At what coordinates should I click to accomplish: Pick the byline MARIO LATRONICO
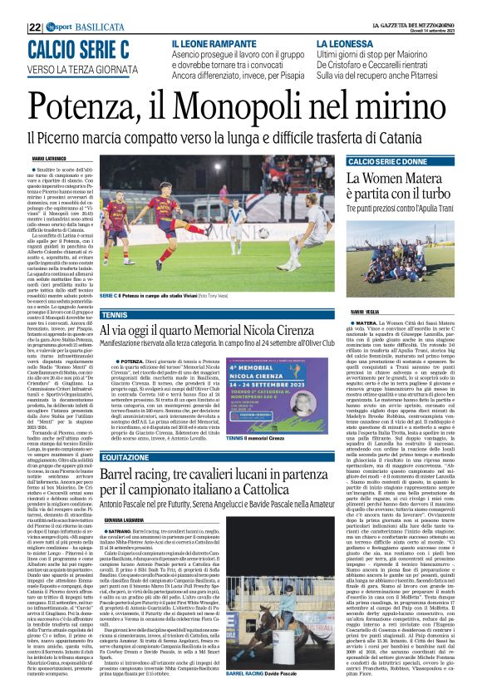click(50, 157)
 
